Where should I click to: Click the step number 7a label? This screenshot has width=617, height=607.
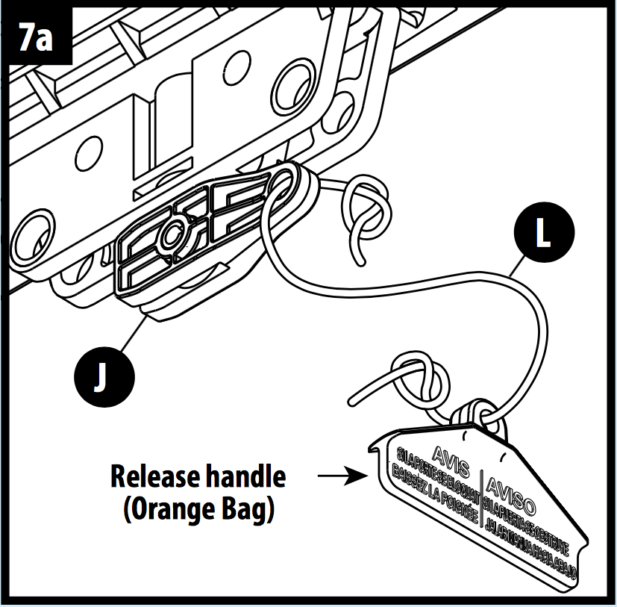coord(36,36)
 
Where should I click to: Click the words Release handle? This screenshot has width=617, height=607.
coord(198,475)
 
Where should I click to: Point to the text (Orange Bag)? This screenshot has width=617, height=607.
coord(198,510)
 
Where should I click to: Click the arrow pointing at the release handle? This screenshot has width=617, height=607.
coord(340,475)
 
